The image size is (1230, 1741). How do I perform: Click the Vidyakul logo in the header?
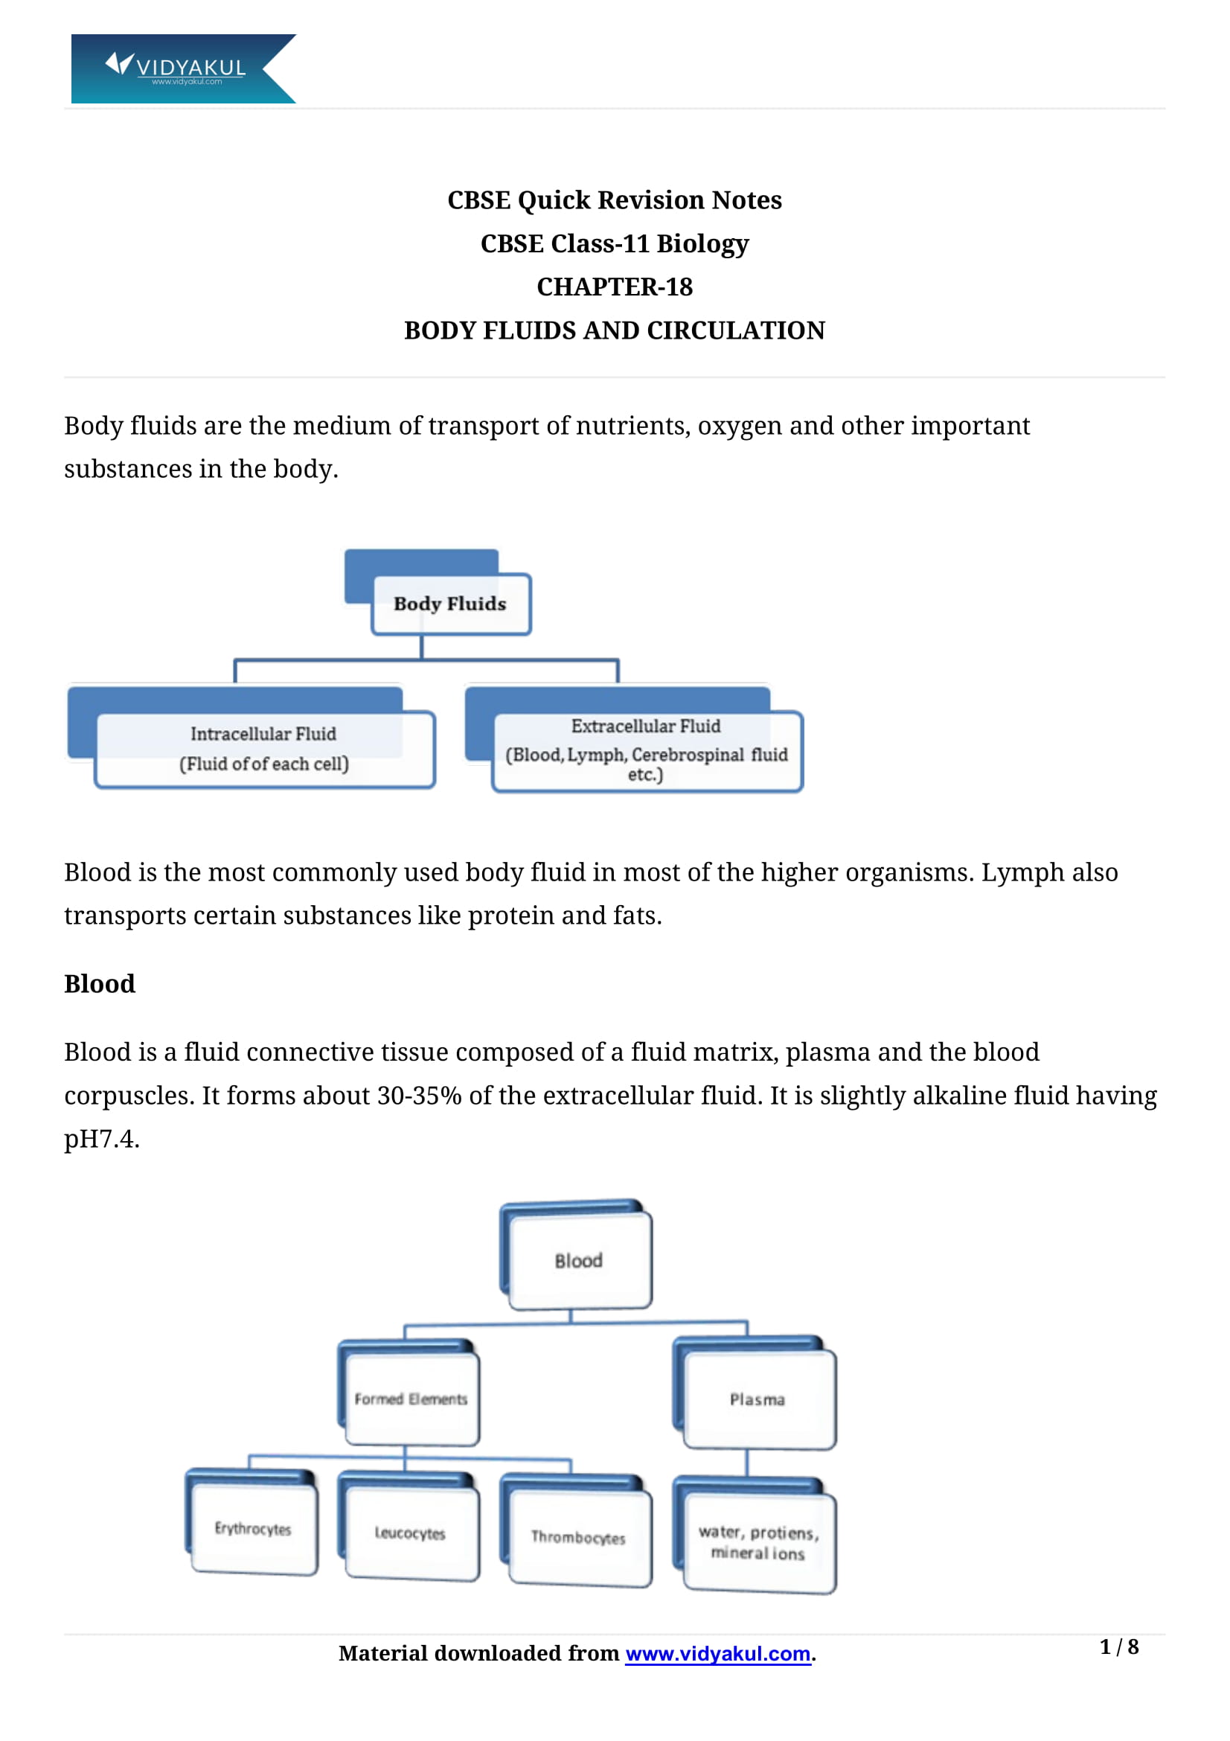tap(182, 68)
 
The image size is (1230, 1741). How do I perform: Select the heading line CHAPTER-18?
tap(615, 287)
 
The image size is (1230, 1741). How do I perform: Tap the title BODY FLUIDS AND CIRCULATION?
tap(615, 330)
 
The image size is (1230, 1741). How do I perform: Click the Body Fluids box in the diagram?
tap(451, 604)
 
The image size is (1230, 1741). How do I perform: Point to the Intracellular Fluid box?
tap(264, 750)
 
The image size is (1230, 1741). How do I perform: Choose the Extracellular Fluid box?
tap(647, 751)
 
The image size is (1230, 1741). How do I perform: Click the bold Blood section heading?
tap(99, 983)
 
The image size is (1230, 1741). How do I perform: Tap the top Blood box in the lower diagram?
tap(579, 1260)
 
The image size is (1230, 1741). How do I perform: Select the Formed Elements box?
tap(411, 1399)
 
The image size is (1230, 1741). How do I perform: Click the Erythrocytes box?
tap(253, 1529)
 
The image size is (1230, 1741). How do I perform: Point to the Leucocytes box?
tap(411, 1533)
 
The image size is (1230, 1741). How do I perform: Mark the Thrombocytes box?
tap(579, 1538)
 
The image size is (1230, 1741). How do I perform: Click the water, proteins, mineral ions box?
tap(759, 1542)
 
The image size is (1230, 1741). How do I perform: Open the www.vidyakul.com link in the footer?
tap(718, 1654)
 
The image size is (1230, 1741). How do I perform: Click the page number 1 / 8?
tap(1118, 1647)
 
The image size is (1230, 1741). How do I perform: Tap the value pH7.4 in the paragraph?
tap(100, 1139)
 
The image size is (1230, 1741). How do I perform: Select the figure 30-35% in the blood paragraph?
tap(419, 1096)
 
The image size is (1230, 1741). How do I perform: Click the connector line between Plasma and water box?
tap(747, 1463)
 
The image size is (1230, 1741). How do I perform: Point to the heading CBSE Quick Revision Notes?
tap(615, 200)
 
